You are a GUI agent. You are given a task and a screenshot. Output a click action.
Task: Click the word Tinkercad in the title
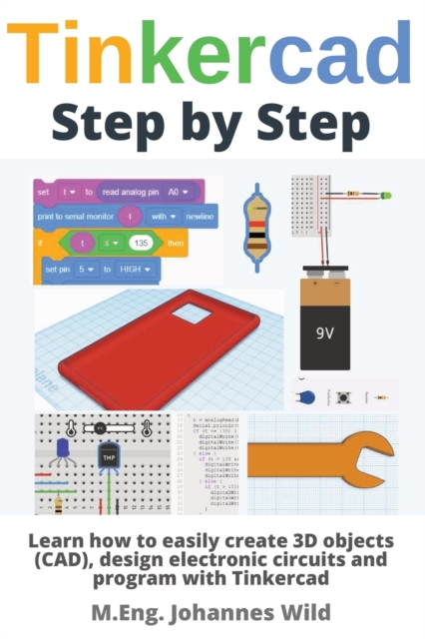(x=212, y=56)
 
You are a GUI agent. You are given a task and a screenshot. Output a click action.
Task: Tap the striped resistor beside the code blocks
(x=256, y=221)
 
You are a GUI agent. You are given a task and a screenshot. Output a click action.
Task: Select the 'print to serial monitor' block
(x=75, y=215)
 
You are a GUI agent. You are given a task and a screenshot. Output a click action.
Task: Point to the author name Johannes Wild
(x=260, y=609)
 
